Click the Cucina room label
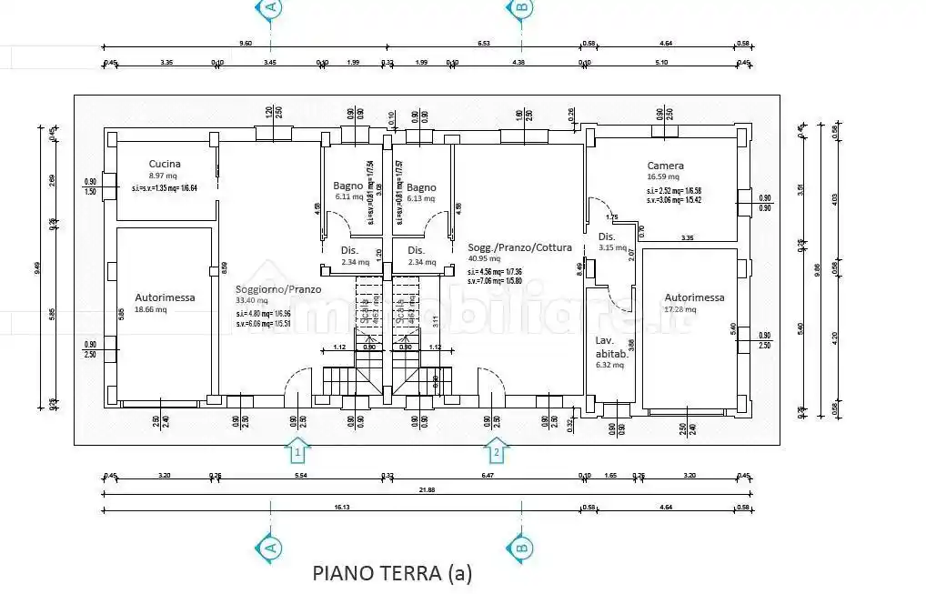pyautogui.click(x=165, y=165)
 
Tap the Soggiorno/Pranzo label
pyautogui.click(x=267, y=288)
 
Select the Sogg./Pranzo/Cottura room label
pyautogui.click(x=519, y=247)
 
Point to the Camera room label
pyautogui.click(x=665, y=166)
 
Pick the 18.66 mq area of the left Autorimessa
pyautogui.click(x=152, y=309)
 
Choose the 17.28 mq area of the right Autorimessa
pyautogui.click(x=680, y=309)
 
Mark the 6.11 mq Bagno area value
pyautogui.click(x=348, y=196)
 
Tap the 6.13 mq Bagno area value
pyautogui.click(x=421, y=197)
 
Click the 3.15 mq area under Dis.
pyautogui.click(x=612, y=247)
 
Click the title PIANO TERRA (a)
pyautogui.click(x=392, y=572)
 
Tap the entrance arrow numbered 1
pyautogui.click(x=297, y=449)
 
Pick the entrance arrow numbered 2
pyautogui.click(x=496, y=449)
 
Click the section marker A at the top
pyautogui.click(x=270, y=7)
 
